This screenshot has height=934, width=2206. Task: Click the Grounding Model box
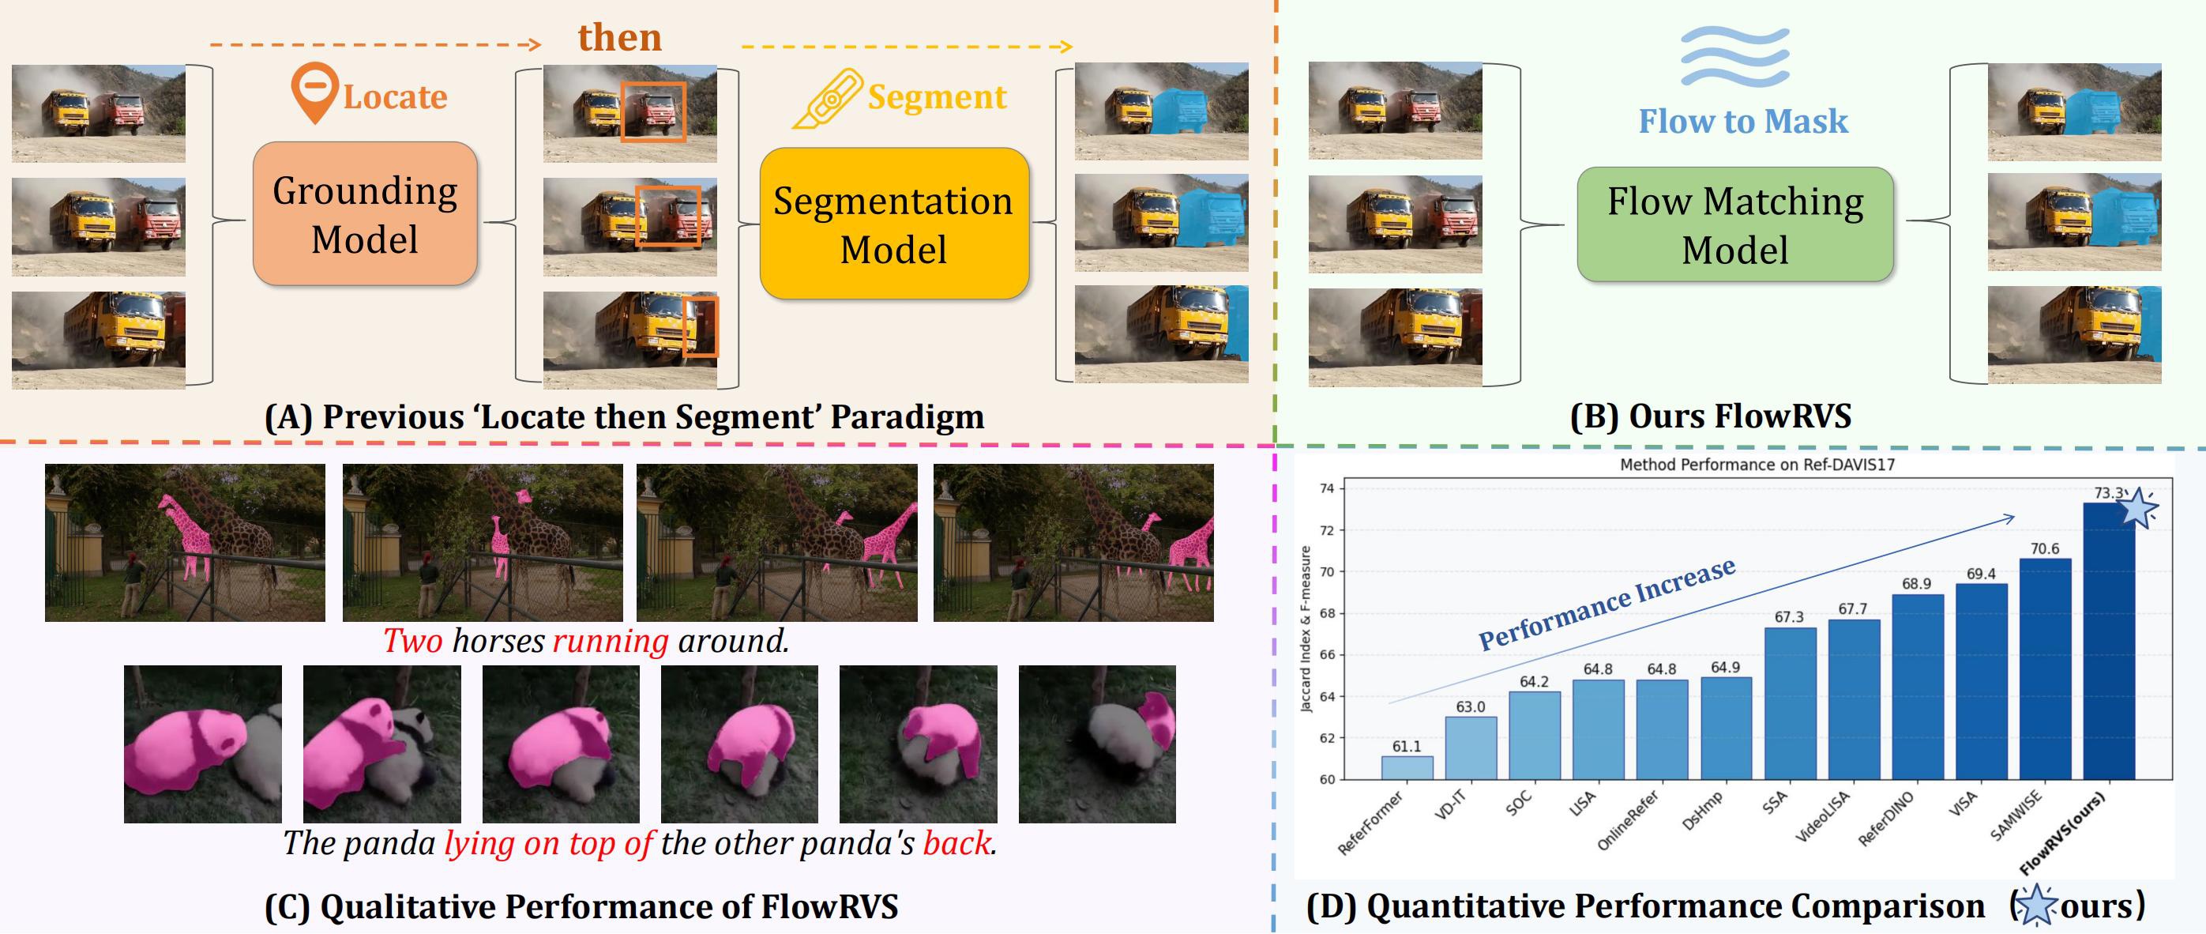coord(365,214)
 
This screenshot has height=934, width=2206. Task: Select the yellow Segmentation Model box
coord(893,224)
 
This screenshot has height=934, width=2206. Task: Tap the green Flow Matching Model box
coord(1735,224)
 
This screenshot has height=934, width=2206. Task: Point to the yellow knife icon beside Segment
coord(827,100)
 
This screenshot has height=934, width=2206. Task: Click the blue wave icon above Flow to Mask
coord(1735,57)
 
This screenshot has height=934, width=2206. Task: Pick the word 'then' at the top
coord(619,38)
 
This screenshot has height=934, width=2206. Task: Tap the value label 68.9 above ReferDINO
coord(1917,583)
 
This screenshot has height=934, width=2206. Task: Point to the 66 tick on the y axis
coord(1326,654)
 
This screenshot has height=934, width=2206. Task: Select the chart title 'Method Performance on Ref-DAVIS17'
coord(1757,465)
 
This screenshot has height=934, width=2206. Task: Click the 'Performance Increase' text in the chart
coord(1607,603)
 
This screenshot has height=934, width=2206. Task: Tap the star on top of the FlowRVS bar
coord(2139,508)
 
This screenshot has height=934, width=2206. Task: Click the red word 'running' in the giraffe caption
coord(610,641)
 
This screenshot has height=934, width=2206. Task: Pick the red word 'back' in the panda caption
coord(956,843)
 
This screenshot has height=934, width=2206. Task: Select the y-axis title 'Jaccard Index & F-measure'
coord(1305,630)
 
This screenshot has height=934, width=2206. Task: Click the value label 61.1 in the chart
coord(1406,747)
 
